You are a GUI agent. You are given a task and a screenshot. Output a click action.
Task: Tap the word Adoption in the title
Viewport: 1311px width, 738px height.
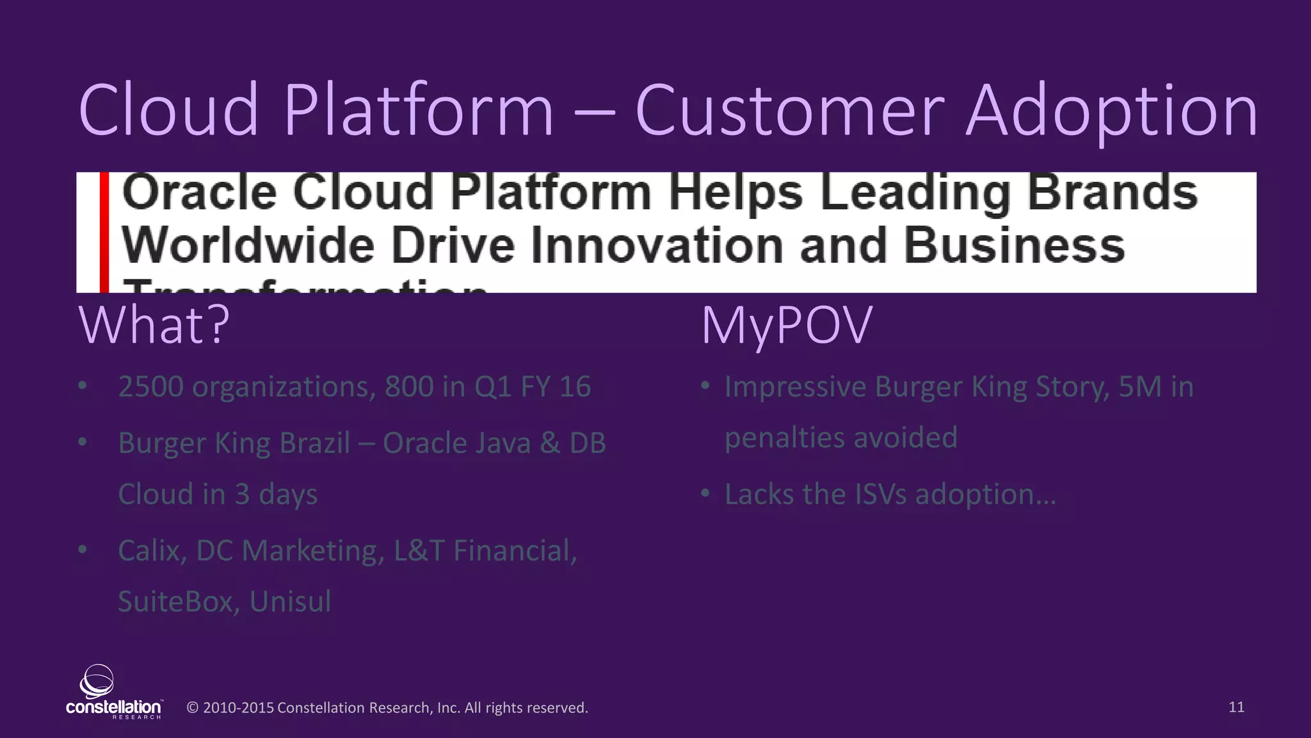coord(1111,113)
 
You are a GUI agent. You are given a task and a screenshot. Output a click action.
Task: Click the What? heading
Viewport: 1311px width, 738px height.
coord(154,325)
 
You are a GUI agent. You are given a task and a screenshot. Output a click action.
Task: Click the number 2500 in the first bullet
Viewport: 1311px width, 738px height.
coord(150,387)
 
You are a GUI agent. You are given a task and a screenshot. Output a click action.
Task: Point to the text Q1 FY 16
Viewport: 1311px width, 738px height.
coord(532,387)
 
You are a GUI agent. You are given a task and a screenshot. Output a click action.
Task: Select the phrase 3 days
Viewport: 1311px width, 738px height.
coord(276,495)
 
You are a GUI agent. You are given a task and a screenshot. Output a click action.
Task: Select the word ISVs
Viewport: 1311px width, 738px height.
coord(880,495)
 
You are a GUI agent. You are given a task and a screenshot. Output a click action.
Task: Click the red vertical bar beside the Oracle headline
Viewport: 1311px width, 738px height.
coord(104,232)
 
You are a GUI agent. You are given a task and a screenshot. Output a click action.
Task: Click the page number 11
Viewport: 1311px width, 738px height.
coord(1236,707)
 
